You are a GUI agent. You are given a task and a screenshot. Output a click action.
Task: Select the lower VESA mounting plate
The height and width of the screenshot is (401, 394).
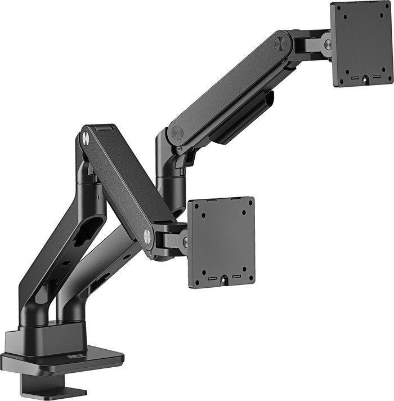221,242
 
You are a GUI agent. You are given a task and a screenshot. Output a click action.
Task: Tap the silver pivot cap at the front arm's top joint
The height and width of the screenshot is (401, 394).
85,136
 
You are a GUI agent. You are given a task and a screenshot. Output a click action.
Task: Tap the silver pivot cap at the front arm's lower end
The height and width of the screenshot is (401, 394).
147,237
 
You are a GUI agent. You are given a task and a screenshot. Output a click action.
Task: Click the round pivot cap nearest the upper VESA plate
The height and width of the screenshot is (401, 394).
280,43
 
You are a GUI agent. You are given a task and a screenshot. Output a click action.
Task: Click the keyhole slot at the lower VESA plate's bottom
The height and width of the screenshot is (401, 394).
224,279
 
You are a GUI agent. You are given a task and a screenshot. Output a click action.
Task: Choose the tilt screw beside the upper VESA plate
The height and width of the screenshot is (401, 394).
326,42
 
